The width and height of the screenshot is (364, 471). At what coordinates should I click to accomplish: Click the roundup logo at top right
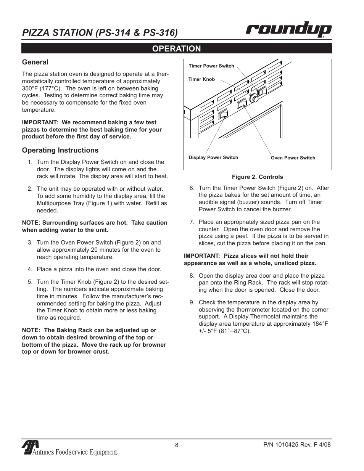[288, 30]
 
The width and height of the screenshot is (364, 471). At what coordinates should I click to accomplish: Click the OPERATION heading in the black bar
[176, 48]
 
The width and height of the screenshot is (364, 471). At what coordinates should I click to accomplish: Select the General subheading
[35, 62]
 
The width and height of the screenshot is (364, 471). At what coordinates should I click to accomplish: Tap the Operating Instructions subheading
[60, 150]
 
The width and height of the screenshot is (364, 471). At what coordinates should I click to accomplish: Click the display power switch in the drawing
[223, 114]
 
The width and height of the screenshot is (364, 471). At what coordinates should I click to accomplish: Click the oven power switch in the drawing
[242, 104]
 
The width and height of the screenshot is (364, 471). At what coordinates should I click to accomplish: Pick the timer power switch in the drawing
[263, 92]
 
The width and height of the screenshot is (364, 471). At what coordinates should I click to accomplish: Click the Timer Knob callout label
[201, 79]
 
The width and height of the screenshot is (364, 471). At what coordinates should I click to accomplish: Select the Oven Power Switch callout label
[293, 158]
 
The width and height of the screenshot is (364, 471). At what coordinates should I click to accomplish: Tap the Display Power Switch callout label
[213, 158]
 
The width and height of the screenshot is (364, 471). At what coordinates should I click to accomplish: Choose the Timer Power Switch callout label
[211, 66]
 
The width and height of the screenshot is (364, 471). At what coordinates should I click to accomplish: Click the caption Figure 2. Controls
[258, 177]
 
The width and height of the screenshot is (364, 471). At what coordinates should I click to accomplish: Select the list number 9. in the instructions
[192, 302]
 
